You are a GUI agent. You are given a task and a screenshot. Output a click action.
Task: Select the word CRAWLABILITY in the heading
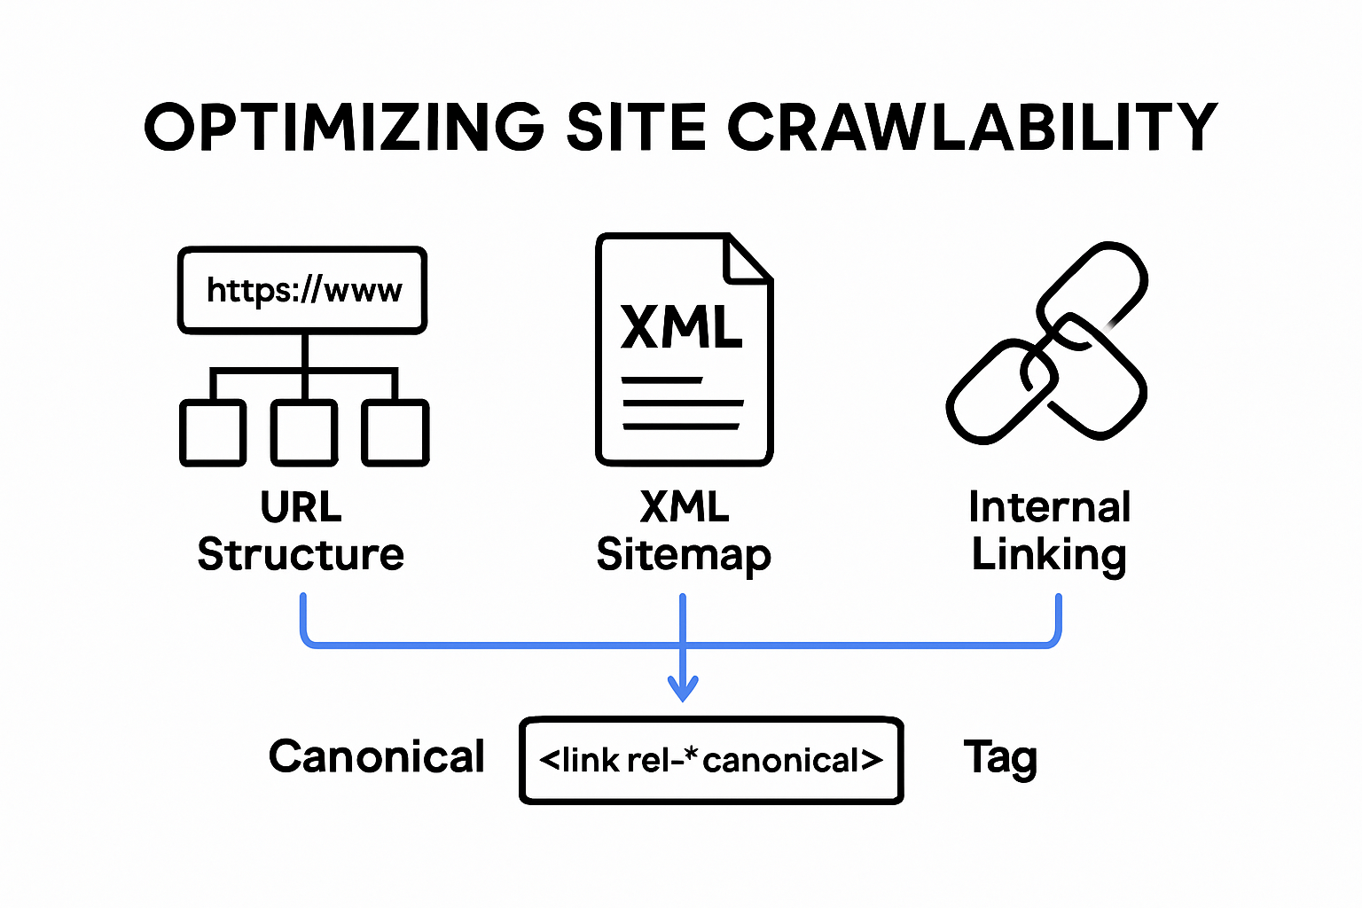[x=973, y=127]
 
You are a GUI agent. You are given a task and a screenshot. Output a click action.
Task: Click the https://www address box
[x=303, y=290]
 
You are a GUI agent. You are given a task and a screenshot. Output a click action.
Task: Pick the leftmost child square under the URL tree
[x=213, y=433]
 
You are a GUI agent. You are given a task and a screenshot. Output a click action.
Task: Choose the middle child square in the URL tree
[x=304, y=433]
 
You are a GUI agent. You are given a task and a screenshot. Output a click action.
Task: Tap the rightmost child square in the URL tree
[x=395, y=433]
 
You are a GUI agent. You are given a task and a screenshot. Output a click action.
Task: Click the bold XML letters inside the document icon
[x=681, y=326]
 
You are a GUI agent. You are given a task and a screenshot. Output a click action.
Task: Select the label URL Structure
[x=301, y=531]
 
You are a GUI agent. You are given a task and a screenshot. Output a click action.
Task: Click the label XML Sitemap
[x=684, y=531]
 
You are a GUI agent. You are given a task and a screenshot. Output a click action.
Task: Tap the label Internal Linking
[x=1049, y=531]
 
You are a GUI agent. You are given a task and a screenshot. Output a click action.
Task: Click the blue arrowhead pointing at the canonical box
[x=683, y=689]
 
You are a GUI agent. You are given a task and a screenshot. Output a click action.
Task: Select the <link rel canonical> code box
[x=710, y=761]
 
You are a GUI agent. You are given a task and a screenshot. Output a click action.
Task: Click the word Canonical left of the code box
[x=377, y=757]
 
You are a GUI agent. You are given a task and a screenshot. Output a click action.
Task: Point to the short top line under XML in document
[x=662, y=380]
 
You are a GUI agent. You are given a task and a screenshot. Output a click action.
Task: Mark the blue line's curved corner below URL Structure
[x=308, y=638]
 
